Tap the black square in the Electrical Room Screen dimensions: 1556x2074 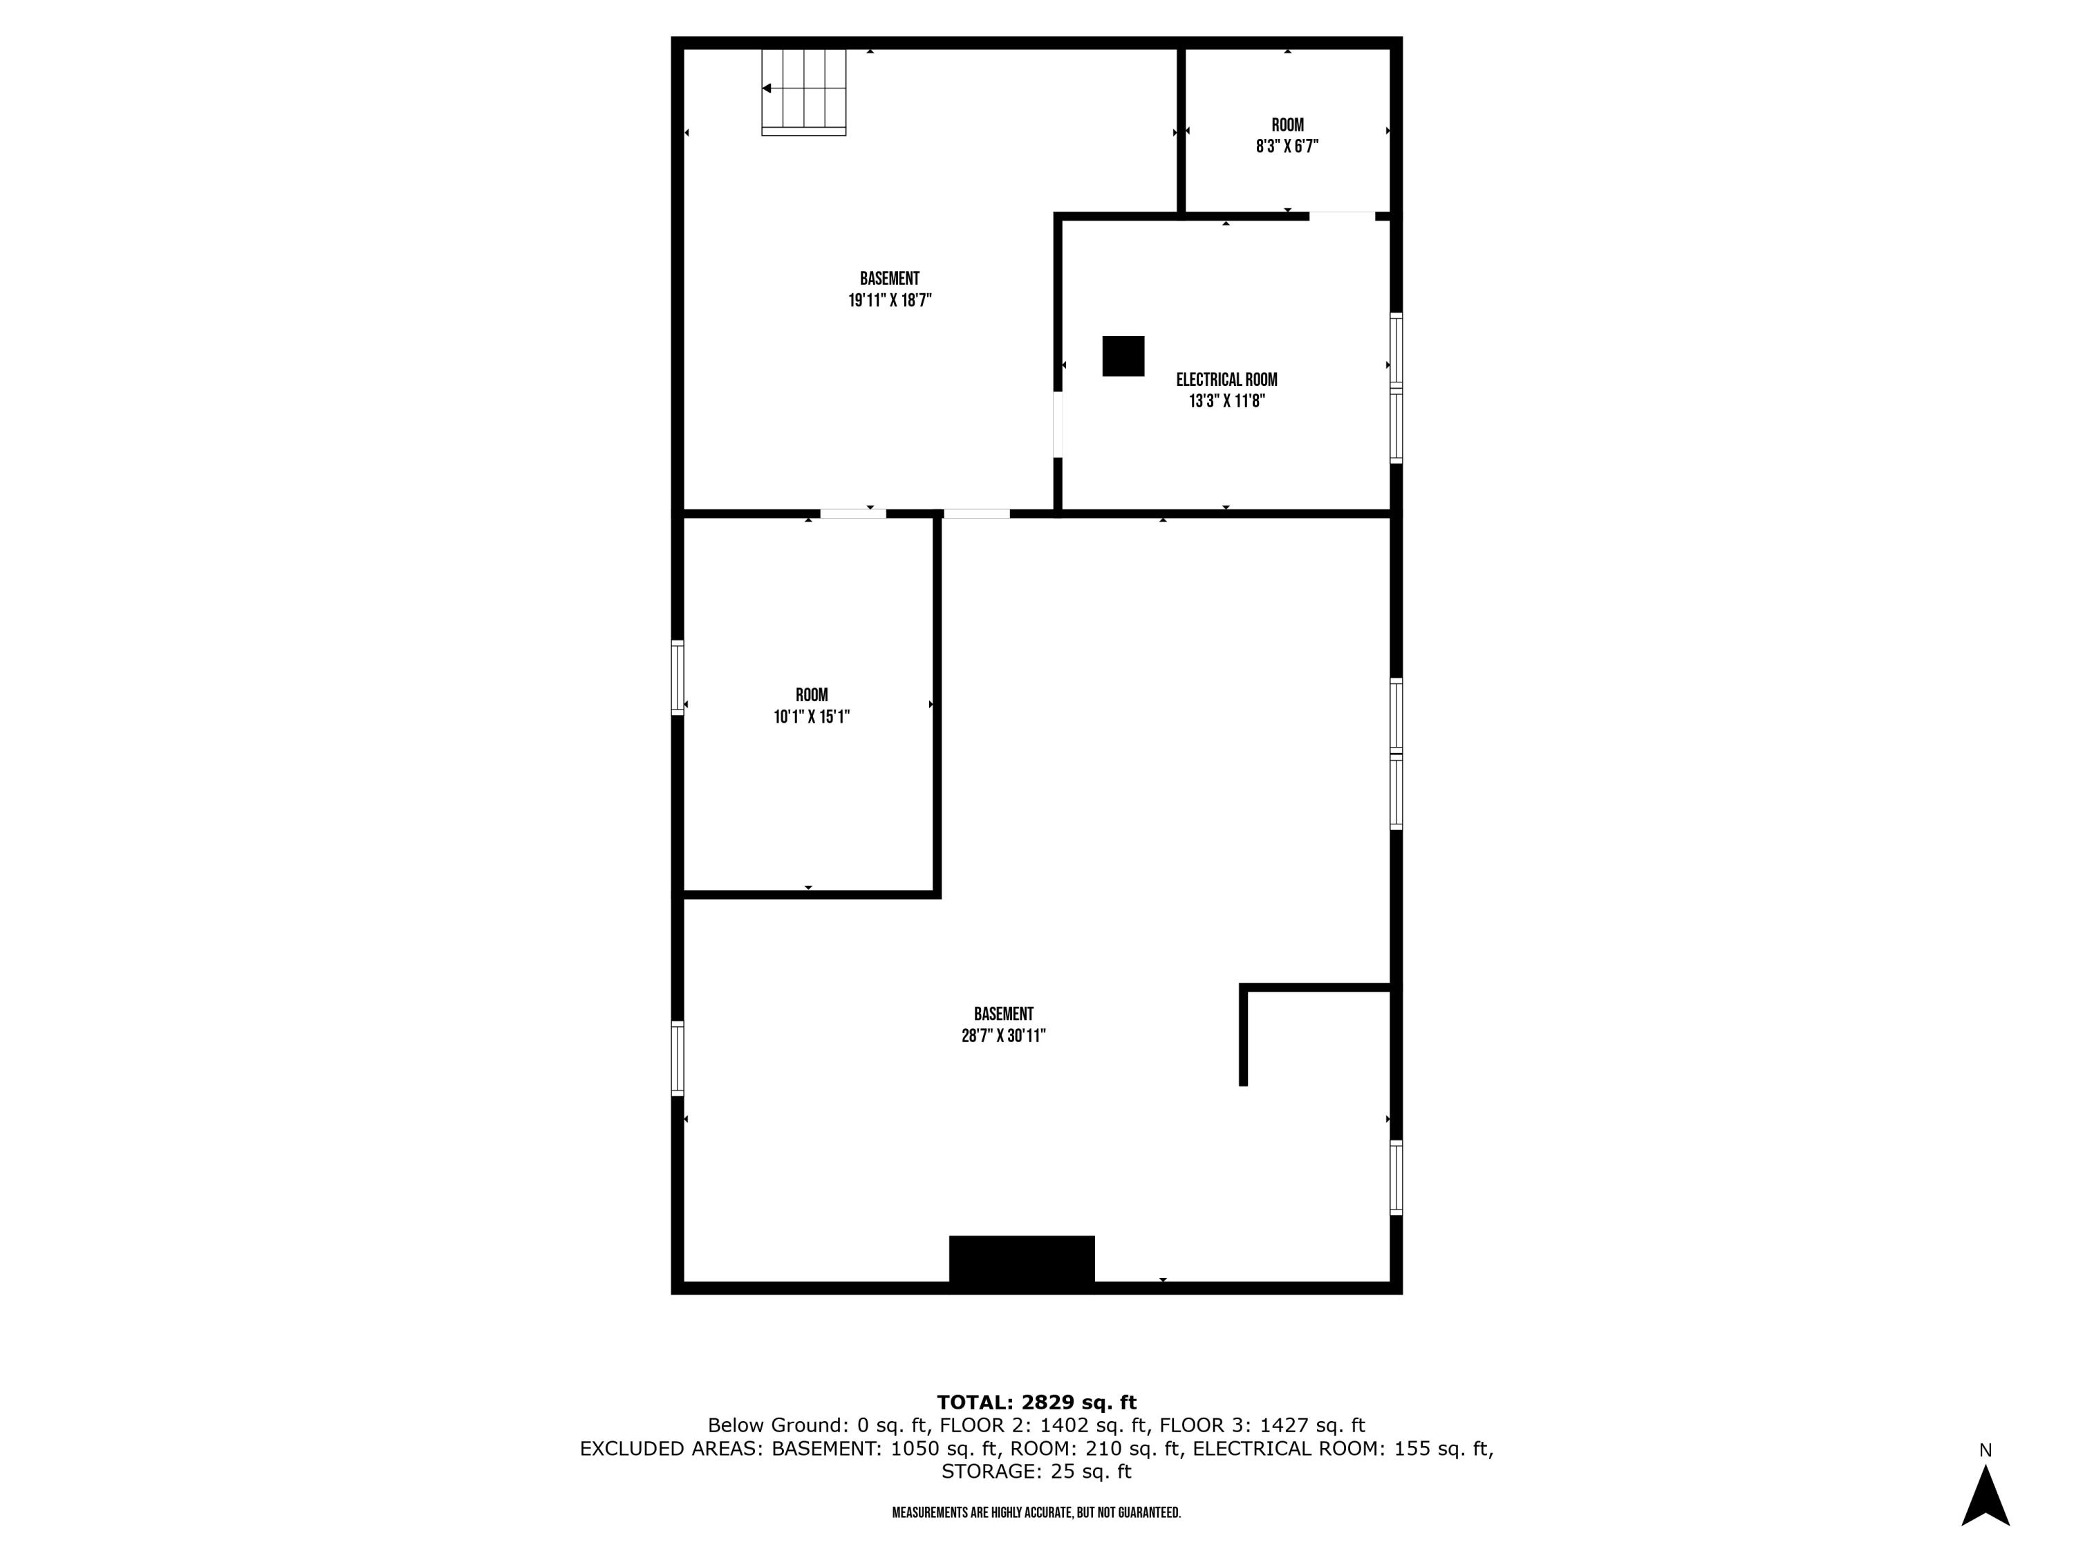click(x=1122, y=355)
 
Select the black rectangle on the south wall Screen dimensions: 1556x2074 click(x=1021, y=1259)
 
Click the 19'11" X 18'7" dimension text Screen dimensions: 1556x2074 click(x=889, y=301)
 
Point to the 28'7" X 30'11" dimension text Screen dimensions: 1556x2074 click(x=1002, y=1035)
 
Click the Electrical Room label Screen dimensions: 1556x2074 click(x=1226, y=380)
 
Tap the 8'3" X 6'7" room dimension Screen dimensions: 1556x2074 click(x=1287, y=147)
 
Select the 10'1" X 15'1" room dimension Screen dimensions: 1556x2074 click(x=811, y=716)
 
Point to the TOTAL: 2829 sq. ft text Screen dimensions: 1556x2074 click(x=1036, y=1402)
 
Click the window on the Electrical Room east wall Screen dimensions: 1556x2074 click(x=1395, y=387)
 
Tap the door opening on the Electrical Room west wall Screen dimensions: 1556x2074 click(x=1058, y=424)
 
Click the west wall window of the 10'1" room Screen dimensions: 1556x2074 click(x=677, y=677)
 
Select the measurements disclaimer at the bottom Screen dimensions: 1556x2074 click(x=1036, y=1512)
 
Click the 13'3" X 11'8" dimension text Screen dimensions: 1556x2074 click(x=1226, y=401)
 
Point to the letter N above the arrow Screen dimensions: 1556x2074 click(x=1985, y=1450)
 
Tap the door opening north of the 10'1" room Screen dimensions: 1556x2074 click(x=852, y=513)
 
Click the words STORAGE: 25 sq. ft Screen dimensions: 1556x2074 click(x=1036, y=1471)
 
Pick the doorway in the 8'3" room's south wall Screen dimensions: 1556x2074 click(x=1342, y=216)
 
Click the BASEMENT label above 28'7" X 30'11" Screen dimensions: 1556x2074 click(x=1003, y=1014)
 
